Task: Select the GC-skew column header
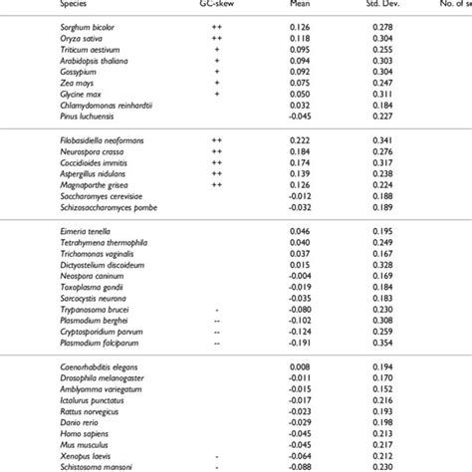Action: (218, 7)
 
